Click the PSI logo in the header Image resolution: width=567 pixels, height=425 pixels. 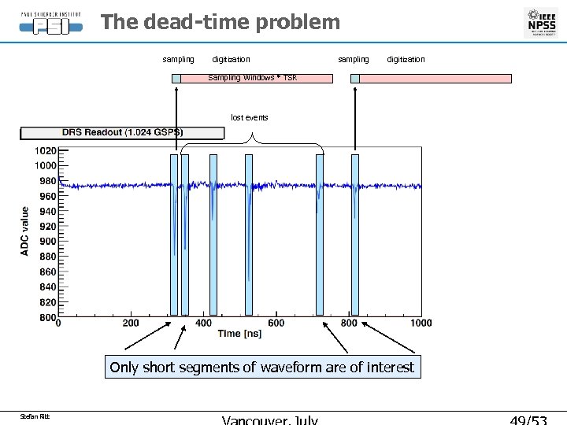[x=50, y=23]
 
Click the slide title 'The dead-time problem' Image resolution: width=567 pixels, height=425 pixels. [x=220, y=22]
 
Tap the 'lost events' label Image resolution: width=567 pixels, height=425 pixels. [x=249, y=117]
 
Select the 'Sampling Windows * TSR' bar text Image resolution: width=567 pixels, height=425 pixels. [x=252, y=78]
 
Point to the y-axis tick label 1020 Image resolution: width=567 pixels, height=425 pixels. [x=45, y=150]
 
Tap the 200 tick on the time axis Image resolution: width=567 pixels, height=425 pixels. [x=131, y=323]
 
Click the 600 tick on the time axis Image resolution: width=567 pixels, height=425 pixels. [x=276, y=323]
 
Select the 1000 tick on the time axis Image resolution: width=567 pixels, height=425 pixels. [x=421, y=323]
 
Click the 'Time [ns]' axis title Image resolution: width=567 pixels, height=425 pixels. [x=239, y=334]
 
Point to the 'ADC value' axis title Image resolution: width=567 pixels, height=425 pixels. [x=25, y=231]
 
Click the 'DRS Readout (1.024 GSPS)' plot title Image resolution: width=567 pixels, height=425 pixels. [x=121, y=133]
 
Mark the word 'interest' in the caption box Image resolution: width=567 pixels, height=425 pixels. [x=389, y=368]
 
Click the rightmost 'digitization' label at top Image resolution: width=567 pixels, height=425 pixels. [x=406, y=59]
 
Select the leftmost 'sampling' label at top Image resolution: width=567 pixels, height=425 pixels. [x=178, y=59]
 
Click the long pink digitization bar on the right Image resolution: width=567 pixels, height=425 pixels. [x=435, y=79]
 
